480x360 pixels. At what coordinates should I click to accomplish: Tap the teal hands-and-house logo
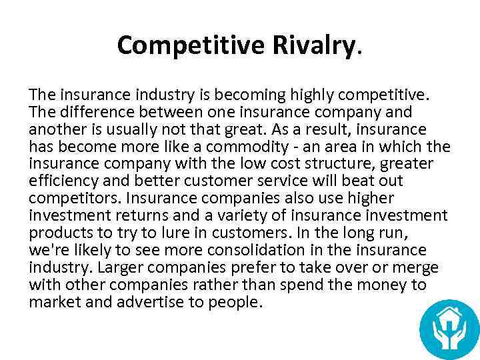[x=449, y=329]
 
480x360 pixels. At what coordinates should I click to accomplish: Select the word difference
[x=91, y=111]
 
